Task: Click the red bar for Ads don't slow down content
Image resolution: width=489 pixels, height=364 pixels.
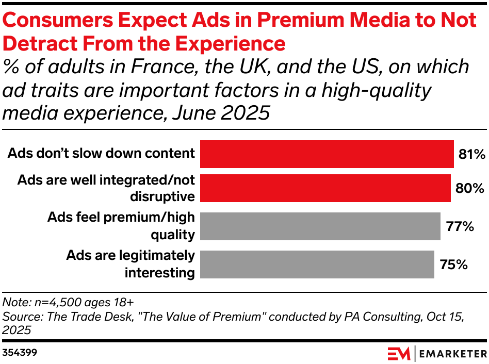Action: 327,154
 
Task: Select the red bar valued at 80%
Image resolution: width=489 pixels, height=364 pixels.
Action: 325,188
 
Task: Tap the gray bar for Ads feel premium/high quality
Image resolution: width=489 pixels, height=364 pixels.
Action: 320,226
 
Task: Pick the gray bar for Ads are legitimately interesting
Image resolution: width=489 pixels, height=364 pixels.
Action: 317,264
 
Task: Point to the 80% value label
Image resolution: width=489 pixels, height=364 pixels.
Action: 469,188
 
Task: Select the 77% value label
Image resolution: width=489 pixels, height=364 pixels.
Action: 459,226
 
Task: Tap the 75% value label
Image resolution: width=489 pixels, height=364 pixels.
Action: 453,264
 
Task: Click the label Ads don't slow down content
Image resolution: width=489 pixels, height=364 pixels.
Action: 101,153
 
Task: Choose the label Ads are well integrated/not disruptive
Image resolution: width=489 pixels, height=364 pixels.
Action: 106,188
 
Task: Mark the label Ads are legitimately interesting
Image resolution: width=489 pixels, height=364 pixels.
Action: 130,264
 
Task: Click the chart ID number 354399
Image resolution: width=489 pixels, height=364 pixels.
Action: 20,353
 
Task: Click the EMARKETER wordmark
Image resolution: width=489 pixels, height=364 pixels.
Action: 452,354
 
